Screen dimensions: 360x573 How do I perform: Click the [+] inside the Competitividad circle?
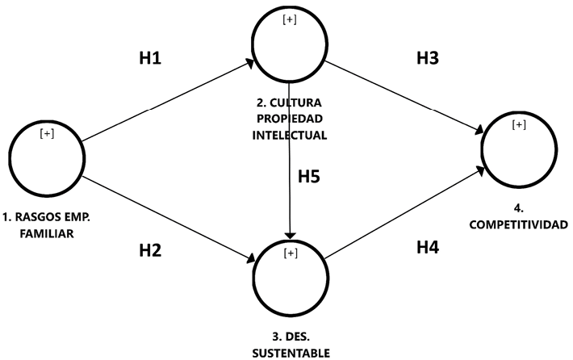(519, 124)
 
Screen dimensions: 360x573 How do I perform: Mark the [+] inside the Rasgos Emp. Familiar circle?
(47, 134)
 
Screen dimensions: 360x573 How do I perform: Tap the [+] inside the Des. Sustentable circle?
(290, 254)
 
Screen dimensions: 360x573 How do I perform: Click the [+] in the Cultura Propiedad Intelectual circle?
(289, 20)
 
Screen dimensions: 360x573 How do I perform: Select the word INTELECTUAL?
(289, 135)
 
